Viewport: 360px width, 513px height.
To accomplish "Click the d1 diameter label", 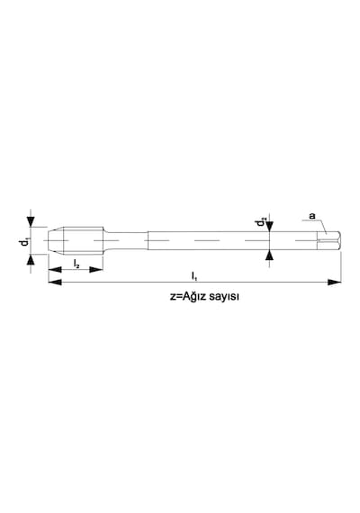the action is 23,242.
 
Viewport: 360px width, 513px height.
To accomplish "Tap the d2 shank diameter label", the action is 261,222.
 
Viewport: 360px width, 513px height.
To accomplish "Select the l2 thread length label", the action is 76,264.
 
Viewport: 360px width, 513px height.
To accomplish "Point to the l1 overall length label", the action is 194,275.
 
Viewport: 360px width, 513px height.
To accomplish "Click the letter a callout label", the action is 312,216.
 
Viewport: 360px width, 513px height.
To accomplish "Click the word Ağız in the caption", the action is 194,296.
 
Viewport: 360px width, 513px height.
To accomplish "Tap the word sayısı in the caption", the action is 224,297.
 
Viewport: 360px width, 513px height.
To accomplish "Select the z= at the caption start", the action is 176,297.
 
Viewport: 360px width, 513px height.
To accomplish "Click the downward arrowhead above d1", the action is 31,221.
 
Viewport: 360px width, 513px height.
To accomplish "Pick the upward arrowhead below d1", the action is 31,260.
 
